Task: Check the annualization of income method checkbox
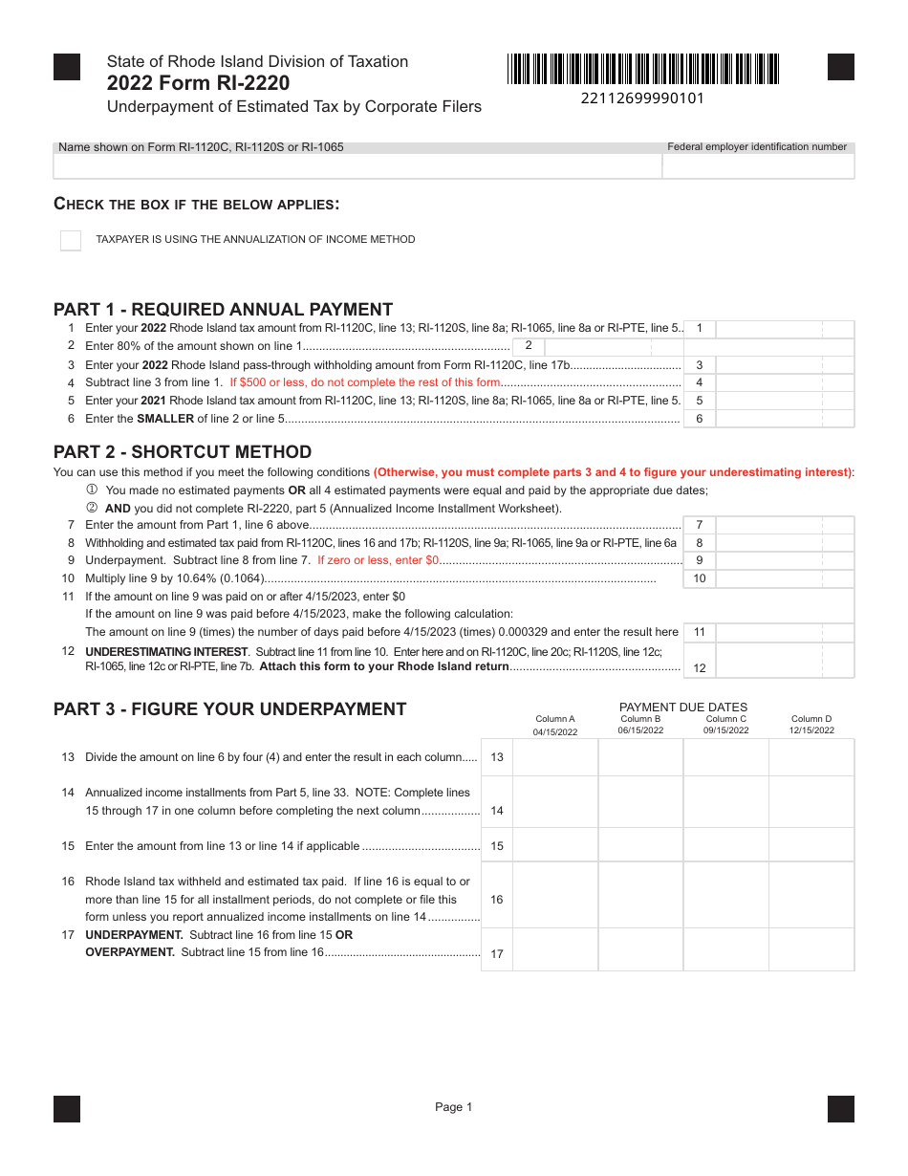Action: click(71, 240)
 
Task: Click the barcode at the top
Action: click(643, 69)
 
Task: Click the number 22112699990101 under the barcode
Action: click(642, 98)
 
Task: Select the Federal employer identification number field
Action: click(758, 166)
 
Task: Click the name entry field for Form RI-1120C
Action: click(357, 166)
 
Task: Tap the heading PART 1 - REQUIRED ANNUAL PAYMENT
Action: click(223, 309)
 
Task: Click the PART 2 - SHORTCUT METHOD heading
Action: click(183, 451)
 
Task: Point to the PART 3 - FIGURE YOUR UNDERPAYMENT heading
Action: click(229, 708)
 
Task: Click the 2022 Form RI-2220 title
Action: click(199, 83)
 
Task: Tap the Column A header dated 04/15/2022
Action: click(555, 725)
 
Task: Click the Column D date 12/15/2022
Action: click(811, 730)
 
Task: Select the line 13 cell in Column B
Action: click(640, 757)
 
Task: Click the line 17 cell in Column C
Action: click(725, 949)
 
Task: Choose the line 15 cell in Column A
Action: click(555, 845)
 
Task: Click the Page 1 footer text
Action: click(454, 1107)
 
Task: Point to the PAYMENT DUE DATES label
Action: click(683, 708)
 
